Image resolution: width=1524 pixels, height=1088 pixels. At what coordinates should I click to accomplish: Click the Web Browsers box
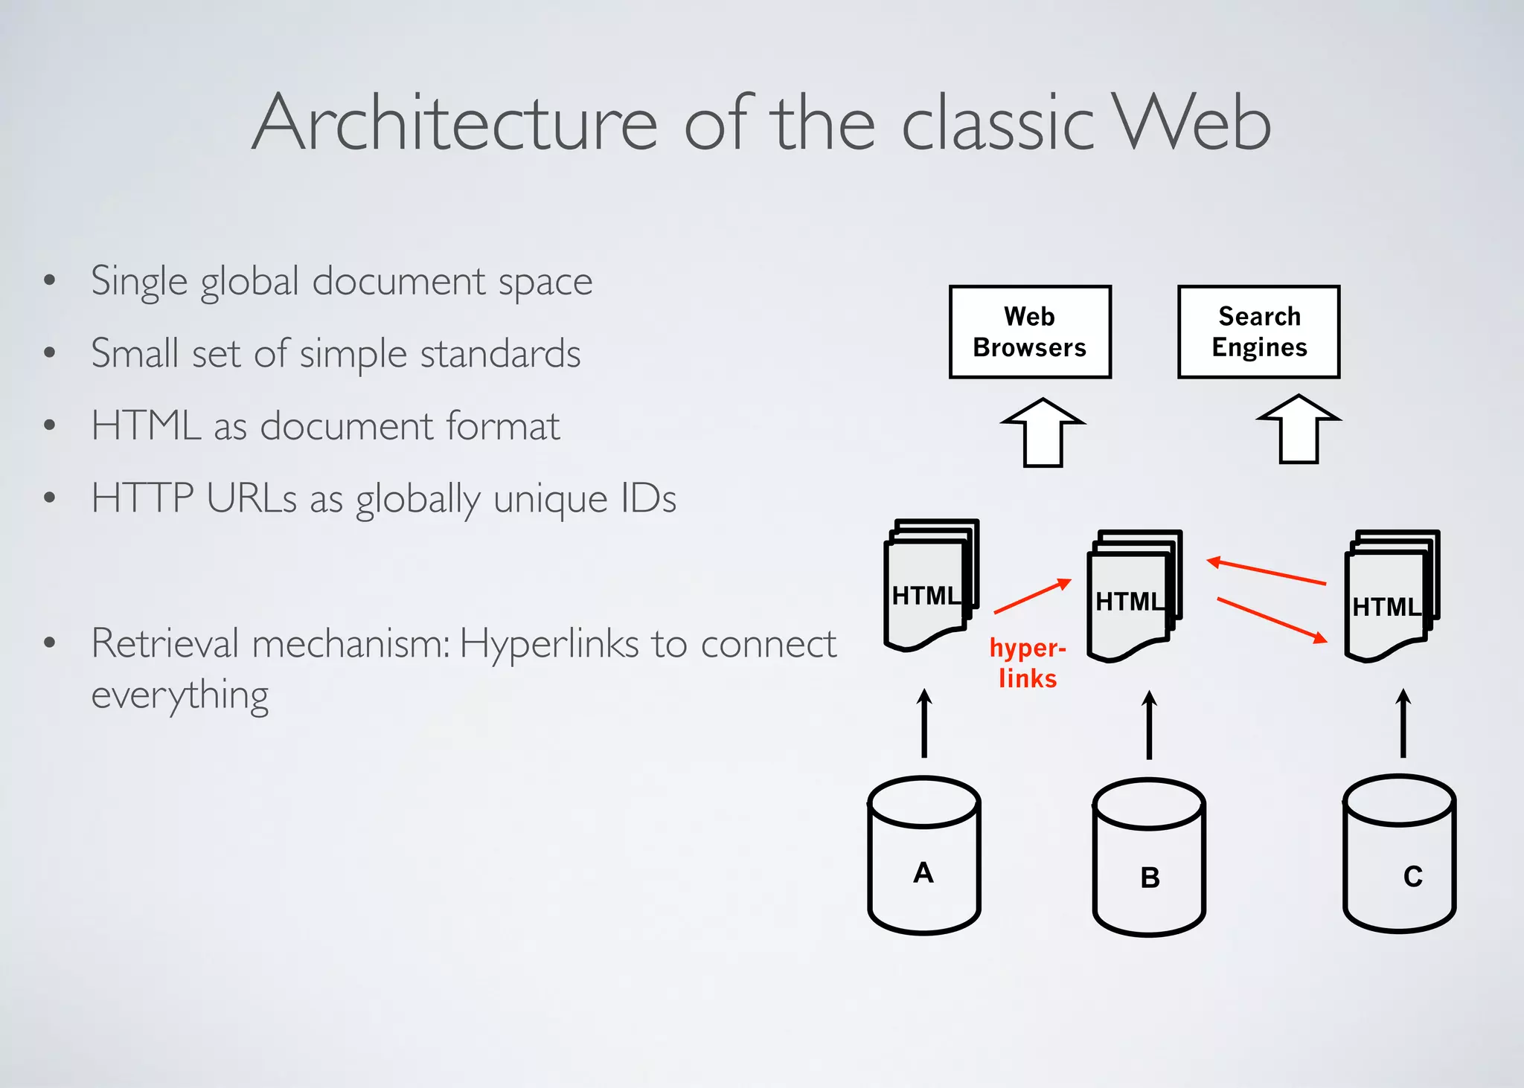(x=1030, y=332)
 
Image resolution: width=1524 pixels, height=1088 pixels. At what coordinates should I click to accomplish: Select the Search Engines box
(x=1258, y=332)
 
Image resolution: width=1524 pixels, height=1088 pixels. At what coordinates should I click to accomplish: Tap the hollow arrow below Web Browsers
(x=1043, y=433)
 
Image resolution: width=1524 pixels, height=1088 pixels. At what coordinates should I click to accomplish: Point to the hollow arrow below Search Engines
(x=1299, y=430)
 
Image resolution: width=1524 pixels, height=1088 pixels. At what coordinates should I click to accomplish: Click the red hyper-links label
(x=1028, y=663)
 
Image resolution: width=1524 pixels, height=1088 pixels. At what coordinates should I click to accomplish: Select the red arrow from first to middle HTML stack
(x=1032, y=596)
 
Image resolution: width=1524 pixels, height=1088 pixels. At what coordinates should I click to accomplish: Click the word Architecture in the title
(x=455, y=123)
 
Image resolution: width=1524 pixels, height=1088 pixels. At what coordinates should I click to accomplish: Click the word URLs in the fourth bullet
(x=252, y=498)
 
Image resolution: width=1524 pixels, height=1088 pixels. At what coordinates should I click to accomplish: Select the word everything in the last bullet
(x=179, y=696)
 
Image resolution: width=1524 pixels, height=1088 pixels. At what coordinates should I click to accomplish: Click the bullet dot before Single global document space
(x=50, y=281)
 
